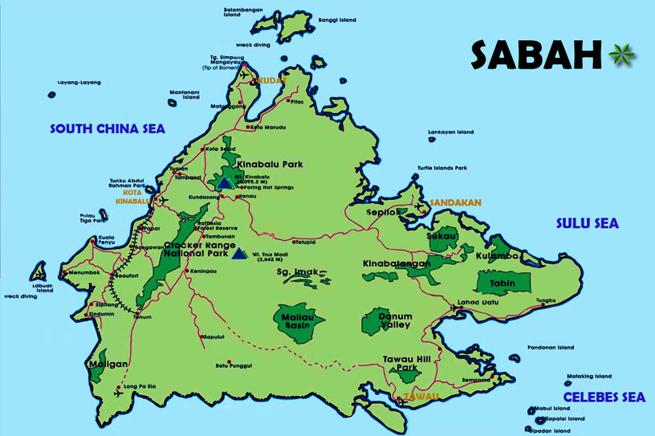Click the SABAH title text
535,55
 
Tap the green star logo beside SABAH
620,55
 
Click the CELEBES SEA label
604,397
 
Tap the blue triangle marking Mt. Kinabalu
225,183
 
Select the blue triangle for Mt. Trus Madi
238,255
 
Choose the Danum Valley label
395,320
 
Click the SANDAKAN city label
455,203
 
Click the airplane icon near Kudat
245,75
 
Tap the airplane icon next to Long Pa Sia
120,393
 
